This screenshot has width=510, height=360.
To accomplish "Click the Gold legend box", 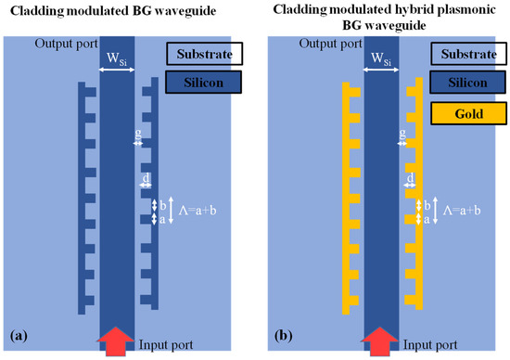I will point(468,114).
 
